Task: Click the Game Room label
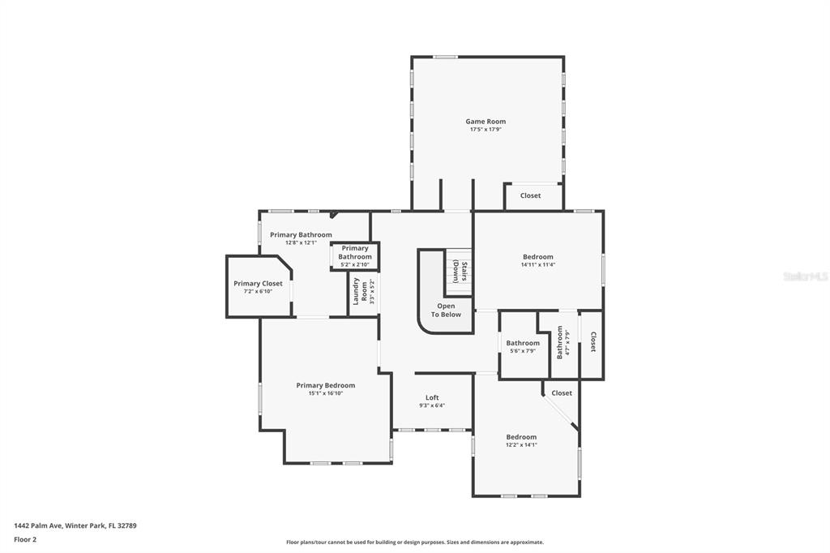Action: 486,122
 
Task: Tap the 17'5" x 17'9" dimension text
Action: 486,129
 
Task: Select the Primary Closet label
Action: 258,283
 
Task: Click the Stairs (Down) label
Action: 460,272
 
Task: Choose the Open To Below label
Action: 446,311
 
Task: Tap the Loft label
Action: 432,397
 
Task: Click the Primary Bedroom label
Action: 326,385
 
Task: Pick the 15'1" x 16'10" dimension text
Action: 326,393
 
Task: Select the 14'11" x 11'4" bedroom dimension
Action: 538,264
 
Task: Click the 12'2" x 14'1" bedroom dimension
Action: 521,445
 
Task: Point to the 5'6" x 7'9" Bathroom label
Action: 523,343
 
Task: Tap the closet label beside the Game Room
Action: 530,195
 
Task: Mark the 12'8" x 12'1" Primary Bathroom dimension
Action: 301,242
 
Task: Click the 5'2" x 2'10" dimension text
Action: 355,264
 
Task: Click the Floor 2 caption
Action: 25,540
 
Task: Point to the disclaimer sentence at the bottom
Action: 414,542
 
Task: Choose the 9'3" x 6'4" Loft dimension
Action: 432,405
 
